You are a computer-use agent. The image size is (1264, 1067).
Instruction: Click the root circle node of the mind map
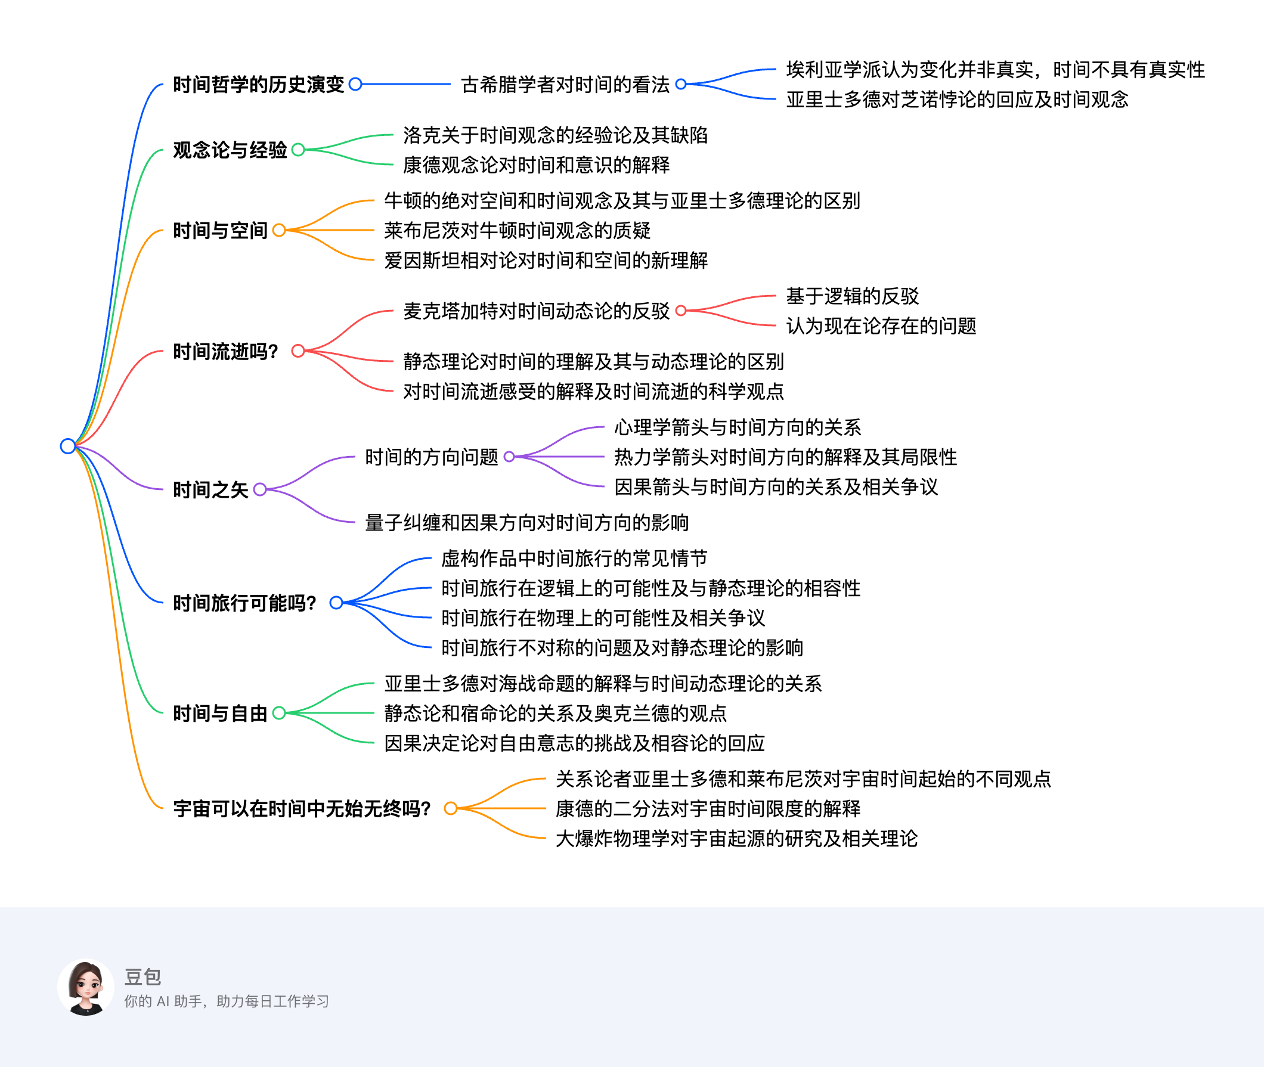point(68,446)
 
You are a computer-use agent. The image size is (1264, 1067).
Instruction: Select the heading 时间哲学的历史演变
point(258,85)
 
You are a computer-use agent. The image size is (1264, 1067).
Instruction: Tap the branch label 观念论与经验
point(230,150)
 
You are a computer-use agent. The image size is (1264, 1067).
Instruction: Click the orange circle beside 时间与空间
point(279,231)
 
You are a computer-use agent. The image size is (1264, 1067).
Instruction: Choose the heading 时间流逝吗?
point(225,352)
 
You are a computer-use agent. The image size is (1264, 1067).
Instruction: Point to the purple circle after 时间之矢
point(260,489)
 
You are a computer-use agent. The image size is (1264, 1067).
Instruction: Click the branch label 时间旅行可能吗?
point(244,603)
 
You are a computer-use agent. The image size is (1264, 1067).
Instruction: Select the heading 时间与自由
point(220,714)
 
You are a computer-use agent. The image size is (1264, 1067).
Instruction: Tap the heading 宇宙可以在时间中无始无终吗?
point(302,809)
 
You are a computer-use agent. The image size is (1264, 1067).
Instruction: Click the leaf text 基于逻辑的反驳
point(853,296)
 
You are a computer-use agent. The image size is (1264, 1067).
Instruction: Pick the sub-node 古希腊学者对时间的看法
point(565,85)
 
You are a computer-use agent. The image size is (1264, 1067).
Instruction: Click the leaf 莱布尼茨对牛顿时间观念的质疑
point(518,231)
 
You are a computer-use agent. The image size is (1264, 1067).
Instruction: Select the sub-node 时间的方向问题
point(432,457)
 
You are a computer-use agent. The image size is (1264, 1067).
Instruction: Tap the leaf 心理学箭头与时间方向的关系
point(738,427)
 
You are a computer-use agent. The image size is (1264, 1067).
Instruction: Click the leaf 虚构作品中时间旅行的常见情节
point(574,559)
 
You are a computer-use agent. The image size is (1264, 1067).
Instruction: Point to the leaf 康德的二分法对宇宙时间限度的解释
point(708,809)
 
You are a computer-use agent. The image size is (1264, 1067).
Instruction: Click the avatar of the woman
point(86,987)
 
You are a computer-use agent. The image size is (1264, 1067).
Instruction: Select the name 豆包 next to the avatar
point(143,977)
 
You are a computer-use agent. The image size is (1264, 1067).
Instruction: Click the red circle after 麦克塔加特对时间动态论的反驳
point(681,311)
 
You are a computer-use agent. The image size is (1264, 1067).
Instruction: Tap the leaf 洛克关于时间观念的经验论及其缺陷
point(556,135)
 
